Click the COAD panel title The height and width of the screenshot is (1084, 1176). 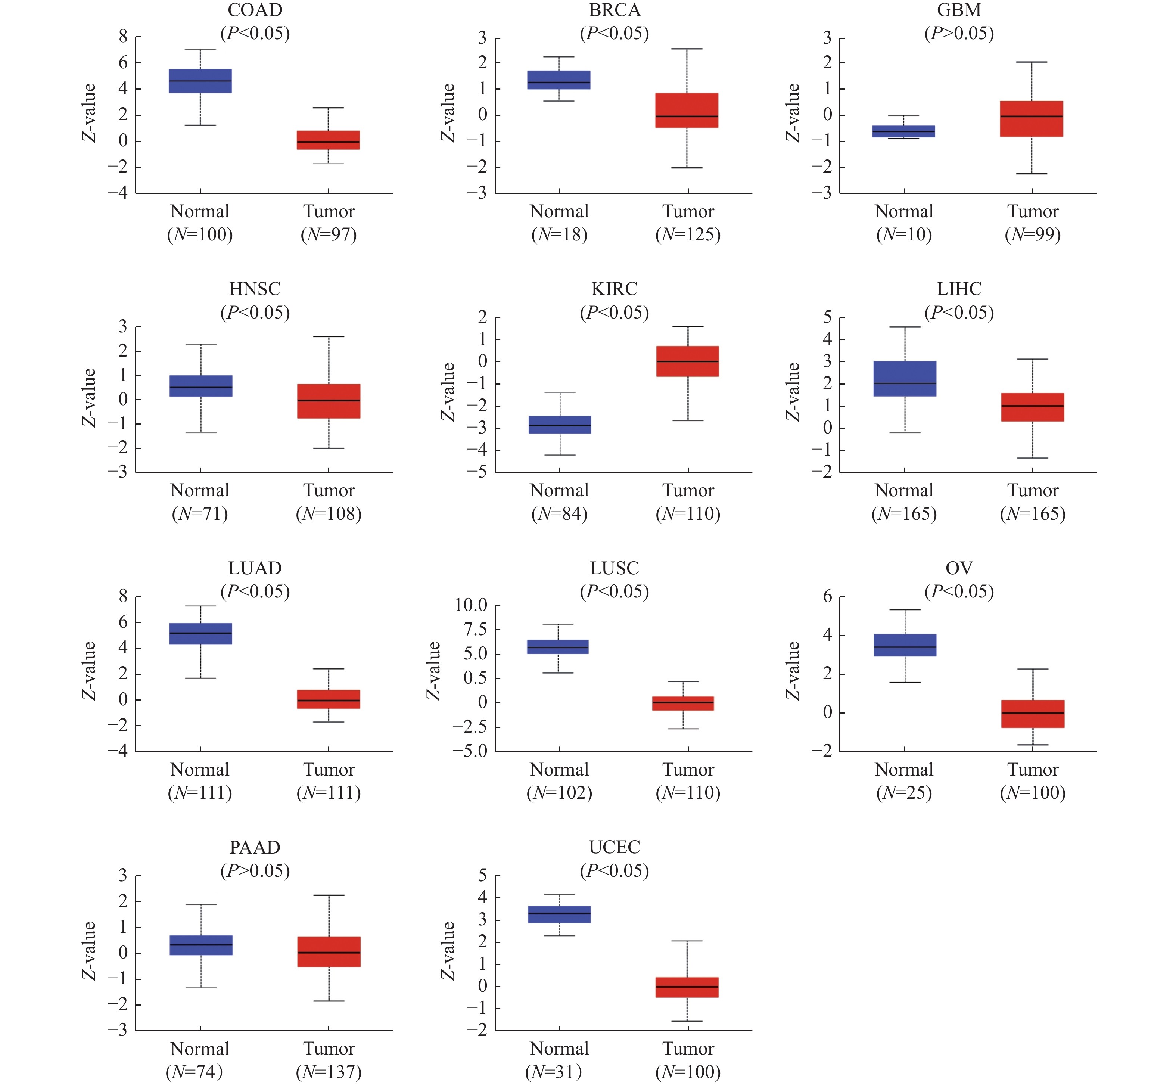pos(255,10)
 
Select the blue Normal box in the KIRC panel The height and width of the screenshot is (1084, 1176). pos(560,425)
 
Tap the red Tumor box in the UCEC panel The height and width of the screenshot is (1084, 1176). pos(687,987)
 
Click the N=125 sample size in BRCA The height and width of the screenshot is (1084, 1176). pos(688,234)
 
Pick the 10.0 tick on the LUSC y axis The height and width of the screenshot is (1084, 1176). pos(471,605)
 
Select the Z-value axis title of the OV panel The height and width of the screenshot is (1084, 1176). pos(793,671)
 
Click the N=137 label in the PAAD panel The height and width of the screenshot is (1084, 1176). pos(329,1072)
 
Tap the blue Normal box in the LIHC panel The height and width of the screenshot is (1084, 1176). pos(905,379)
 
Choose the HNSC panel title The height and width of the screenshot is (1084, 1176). pos(255,289)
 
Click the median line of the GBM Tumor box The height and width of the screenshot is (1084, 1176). pos(1032,116)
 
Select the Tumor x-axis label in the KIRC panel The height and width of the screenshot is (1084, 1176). pos(688,490)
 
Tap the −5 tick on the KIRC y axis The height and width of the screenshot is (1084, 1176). pos(482,473)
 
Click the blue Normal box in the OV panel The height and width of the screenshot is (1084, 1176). pos(905,645)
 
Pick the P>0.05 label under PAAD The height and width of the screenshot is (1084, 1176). pos(255,870)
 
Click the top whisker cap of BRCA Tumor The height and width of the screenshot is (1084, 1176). pos(687,49)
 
